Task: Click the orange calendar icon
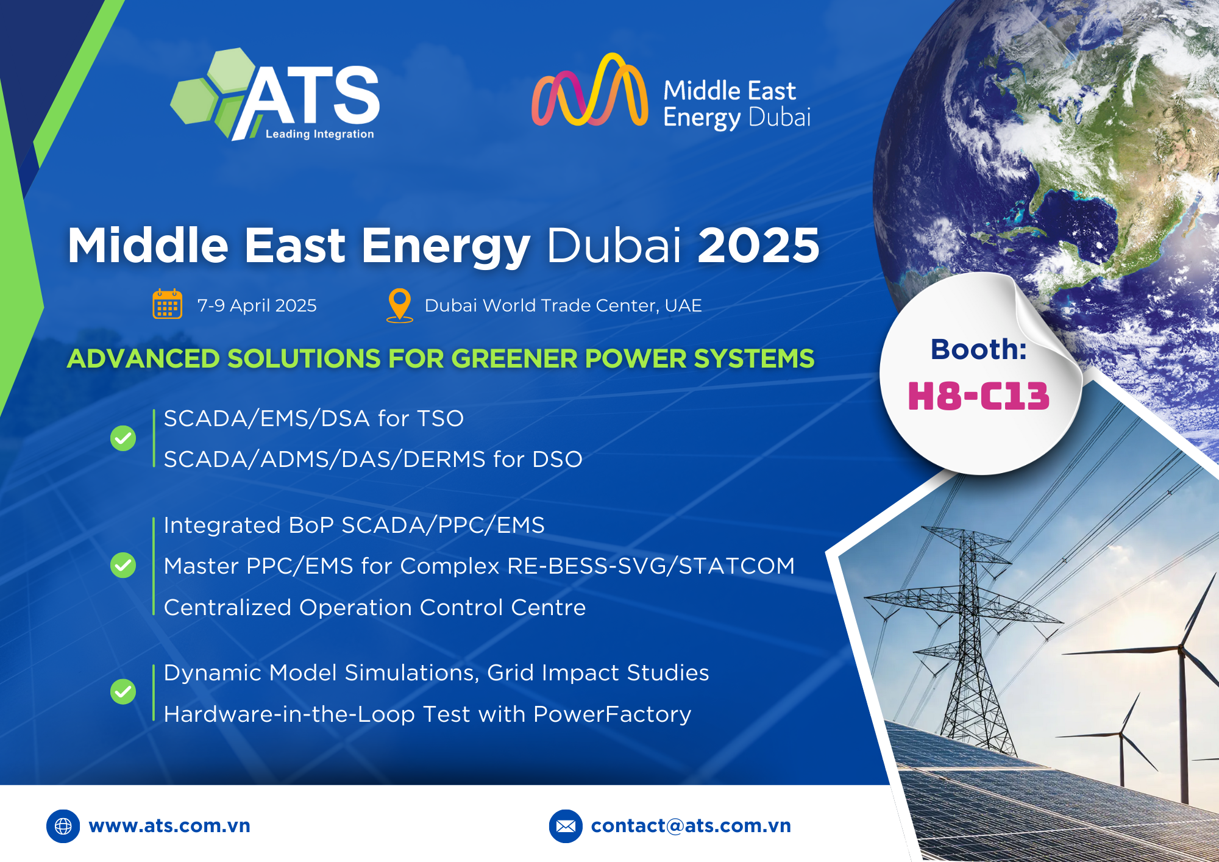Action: [x=167, y=304]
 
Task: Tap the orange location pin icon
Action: [x=400, y=305]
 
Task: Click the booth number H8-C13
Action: [x=978, y=396]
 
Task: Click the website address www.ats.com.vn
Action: [x=169, y=825]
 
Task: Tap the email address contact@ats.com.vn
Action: [x=691, y=825]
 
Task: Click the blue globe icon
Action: [x=63, y=826]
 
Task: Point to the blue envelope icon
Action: [x=566, y=826]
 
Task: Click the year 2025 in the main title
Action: [x=759, y=245]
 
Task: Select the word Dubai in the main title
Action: [x=614, y=245]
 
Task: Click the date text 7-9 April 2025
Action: [x=257, y=305]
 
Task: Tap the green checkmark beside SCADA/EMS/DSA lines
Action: [x=123, y=438]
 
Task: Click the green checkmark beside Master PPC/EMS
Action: [x=123, y=565]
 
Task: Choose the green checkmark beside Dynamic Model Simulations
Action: [x=123, y=692]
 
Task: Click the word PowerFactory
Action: [x=612, y=714]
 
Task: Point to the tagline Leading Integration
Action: [x=319, y=134]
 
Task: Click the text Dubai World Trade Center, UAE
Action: [x=563, y=305]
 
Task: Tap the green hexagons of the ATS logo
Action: [x=210, y=91]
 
